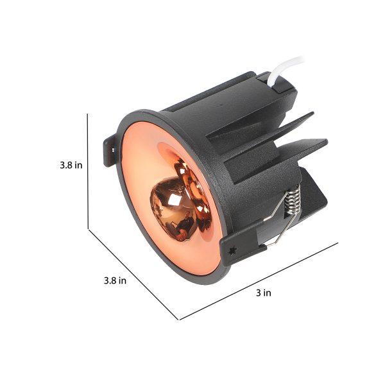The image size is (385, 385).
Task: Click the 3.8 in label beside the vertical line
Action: click(x=71, y=165)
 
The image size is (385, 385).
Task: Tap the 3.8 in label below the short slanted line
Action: click(x=115, y=280)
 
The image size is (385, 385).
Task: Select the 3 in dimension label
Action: click(x=264, y=293)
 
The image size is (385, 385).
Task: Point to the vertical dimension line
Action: click(x=88, y=171)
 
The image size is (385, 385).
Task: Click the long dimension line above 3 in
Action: click(x=259, y=282)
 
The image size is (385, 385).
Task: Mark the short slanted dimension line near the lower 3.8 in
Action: click(x=133, y=275)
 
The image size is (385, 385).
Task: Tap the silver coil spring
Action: click(x=293, y=199)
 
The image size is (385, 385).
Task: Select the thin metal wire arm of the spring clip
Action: click(x=277, y=221)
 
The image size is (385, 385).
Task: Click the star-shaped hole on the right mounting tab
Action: click(x=232, y=251)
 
